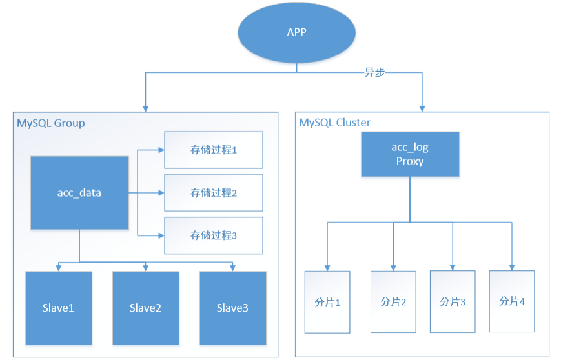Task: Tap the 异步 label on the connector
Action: coord(374,73)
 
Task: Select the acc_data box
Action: coord(79,192)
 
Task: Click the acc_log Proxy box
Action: coord(410,155)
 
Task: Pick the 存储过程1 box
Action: coord(214,150)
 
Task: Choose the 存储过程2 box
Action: coord(214,192)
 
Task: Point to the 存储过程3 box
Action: coord(214,235)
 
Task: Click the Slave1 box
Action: coord(59,308)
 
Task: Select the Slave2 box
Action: coord(145,308)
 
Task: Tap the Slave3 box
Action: coord(232,308)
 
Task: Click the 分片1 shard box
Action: coord(327,302)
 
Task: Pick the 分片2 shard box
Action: coord(393,302)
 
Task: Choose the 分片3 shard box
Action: coord(453,301)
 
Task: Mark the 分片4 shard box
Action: coord(512,301)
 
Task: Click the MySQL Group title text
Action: coord(50,123)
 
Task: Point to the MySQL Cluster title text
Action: coord(334,123)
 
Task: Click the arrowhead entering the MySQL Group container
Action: coord(145,107)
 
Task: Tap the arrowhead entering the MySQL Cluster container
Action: coord(423,107)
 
